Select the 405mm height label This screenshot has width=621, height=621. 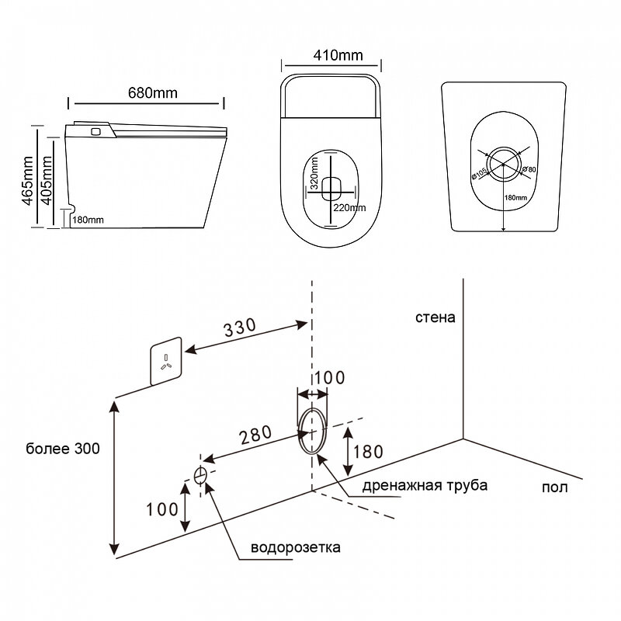point(47,180)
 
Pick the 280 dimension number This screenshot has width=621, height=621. point(253,435)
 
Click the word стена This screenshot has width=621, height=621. point(434,317)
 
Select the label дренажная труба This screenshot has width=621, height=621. point(425,486)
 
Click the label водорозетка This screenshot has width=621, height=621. point(296,546)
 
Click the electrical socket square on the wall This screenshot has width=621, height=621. point(165,361)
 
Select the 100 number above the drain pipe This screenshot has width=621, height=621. point(328,377)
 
